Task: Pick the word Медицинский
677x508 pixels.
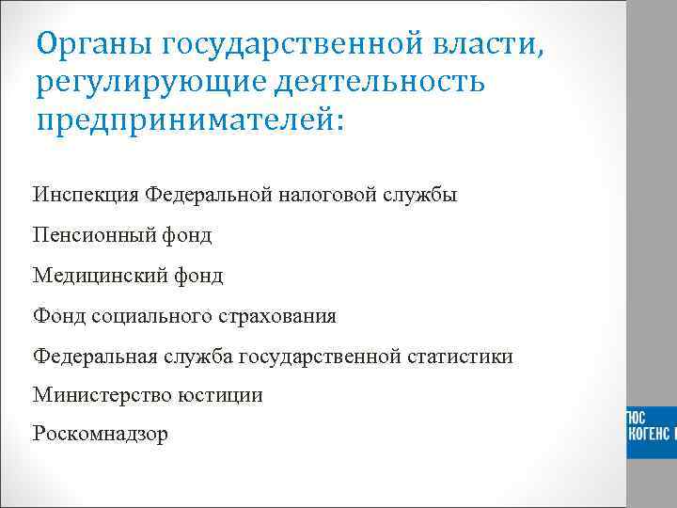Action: point(98,276)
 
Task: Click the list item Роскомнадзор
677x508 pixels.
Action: point(101,435)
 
